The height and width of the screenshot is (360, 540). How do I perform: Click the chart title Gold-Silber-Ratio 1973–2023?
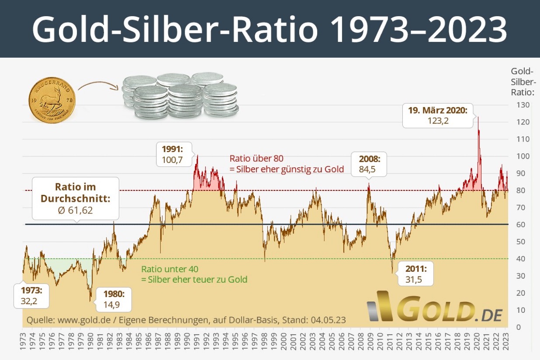(x=270, y=29)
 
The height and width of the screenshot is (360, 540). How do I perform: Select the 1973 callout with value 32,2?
(x=32, y=296)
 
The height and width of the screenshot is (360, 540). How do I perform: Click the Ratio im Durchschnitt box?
(x=76, y=198)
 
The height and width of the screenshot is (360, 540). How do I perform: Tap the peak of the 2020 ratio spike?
(x=478, y=117)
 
